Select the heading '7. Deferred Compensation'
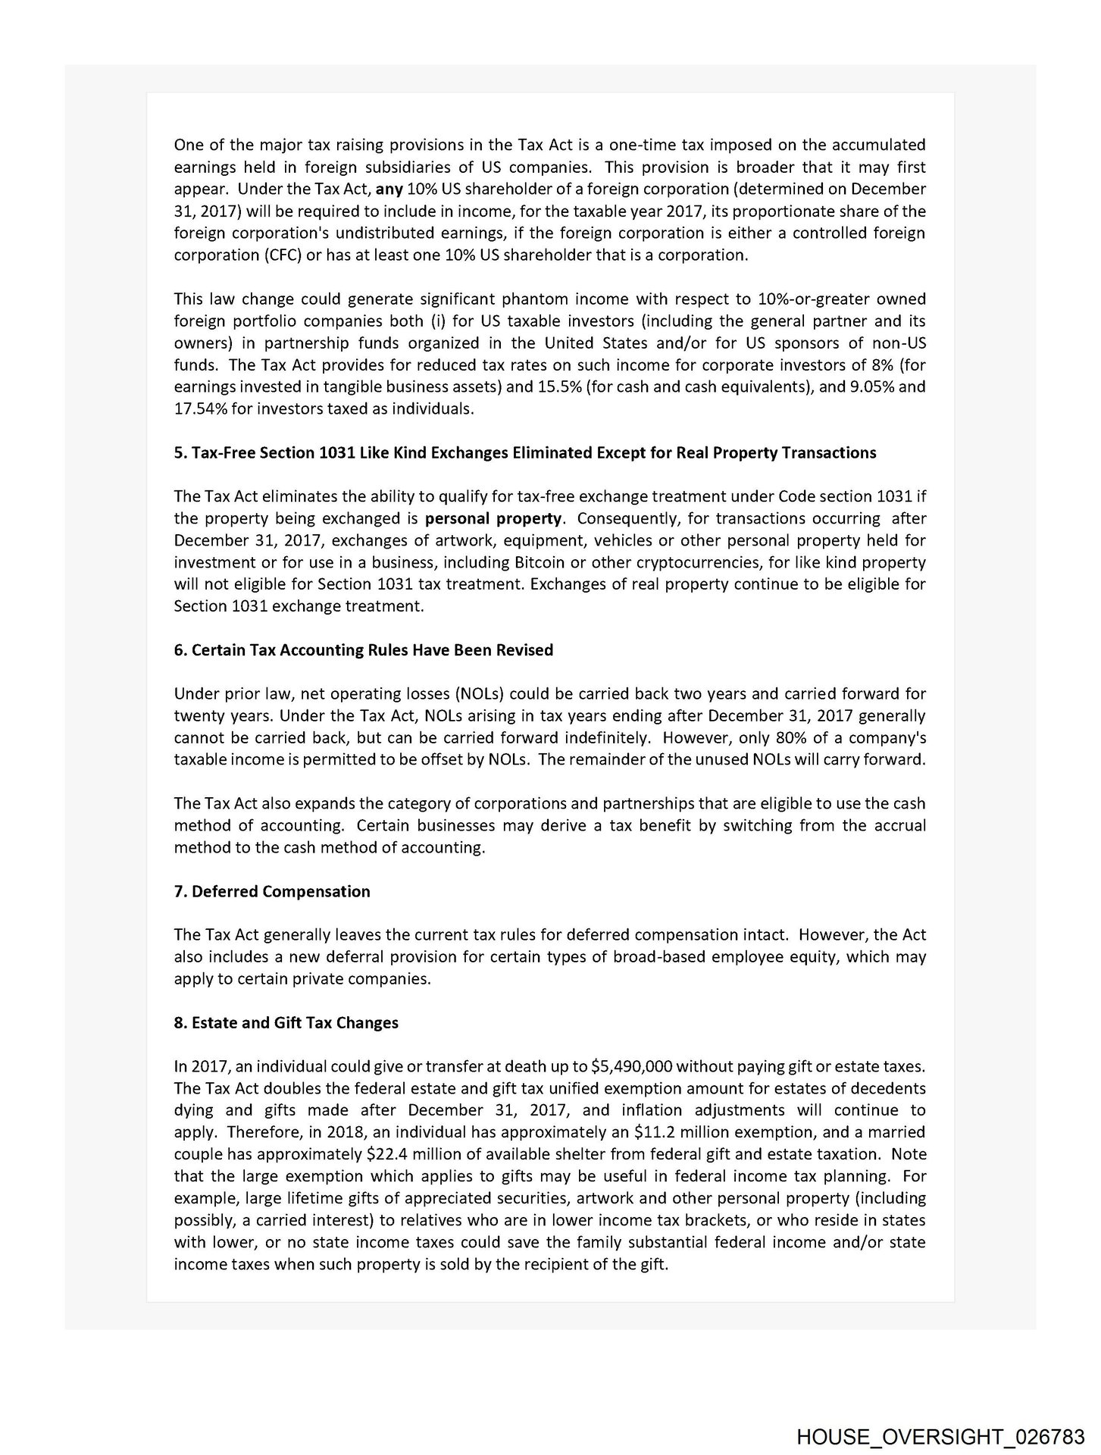click(272, 891)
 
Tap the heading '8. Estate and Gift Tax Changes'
click(286, 1023)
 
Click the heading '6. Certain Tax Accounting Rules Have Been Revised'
click(363, 650)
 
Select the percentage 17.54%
click(197, 409)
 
